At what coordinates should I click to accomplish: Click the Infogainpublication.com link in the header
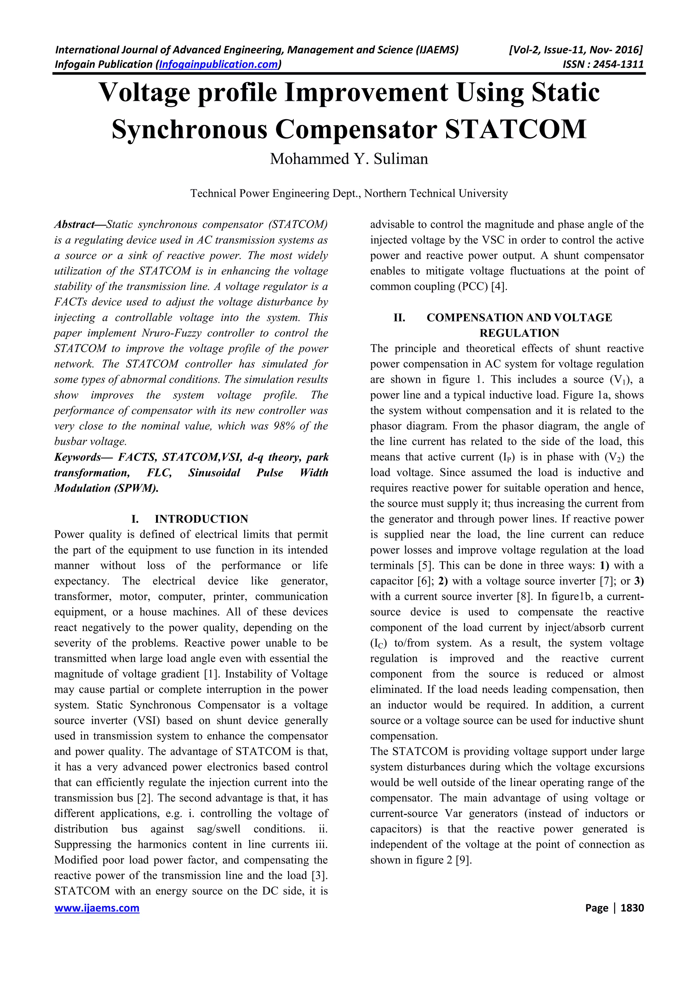(218, 64)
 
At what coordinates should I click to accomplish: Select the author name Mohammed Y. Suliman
(349, 159)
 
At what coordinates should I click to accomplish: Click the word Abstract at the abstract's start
(74, 224)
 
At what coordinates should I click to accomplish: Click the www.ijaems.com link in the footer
(97, 908)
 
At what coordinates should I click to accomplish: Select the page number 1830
(633, 908)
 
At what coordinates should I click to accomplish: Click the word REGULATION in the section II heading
(519, 333)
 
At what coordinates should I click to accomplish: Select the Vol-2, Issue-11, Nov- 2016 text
(575, 50)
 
